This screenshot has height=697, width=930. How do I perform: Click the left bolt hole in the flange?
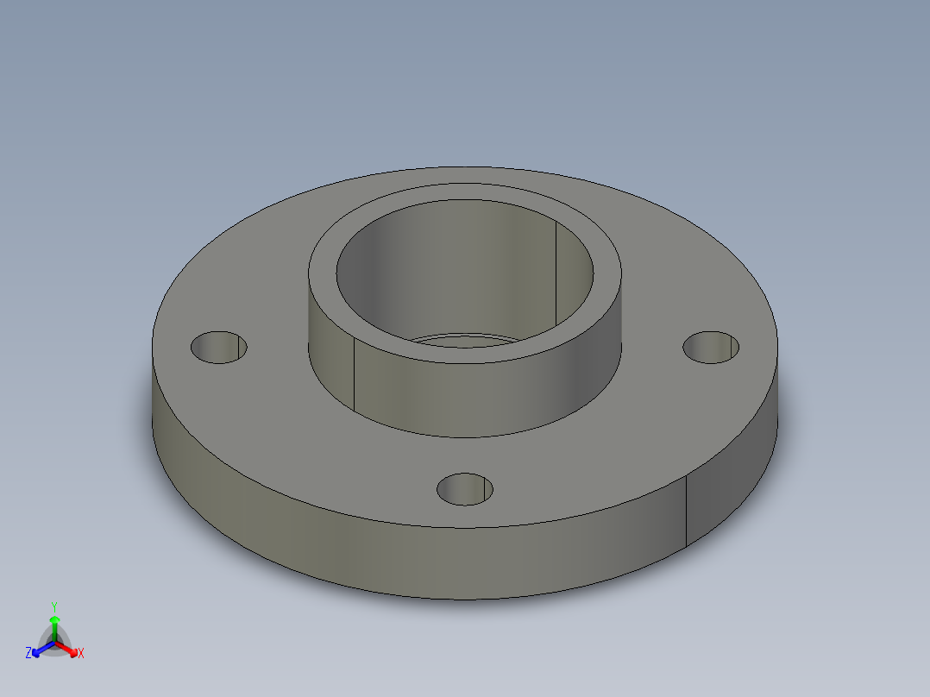point(218,347)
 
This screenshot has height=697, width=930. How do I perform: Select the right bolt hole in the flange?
point(711,347)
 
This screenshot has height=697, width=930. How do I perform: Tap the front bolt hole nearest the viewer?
point(464,489)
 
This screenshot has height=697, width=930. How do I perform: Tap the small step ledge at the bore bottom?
point(457,339)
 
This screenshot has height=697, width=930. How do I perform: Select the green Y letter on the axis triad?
point(53,606)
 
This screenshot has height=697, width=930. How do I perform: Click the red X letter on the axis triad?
point(81,654)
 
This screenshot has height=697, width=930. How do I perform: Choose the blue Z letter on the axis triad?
point(28,654)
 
